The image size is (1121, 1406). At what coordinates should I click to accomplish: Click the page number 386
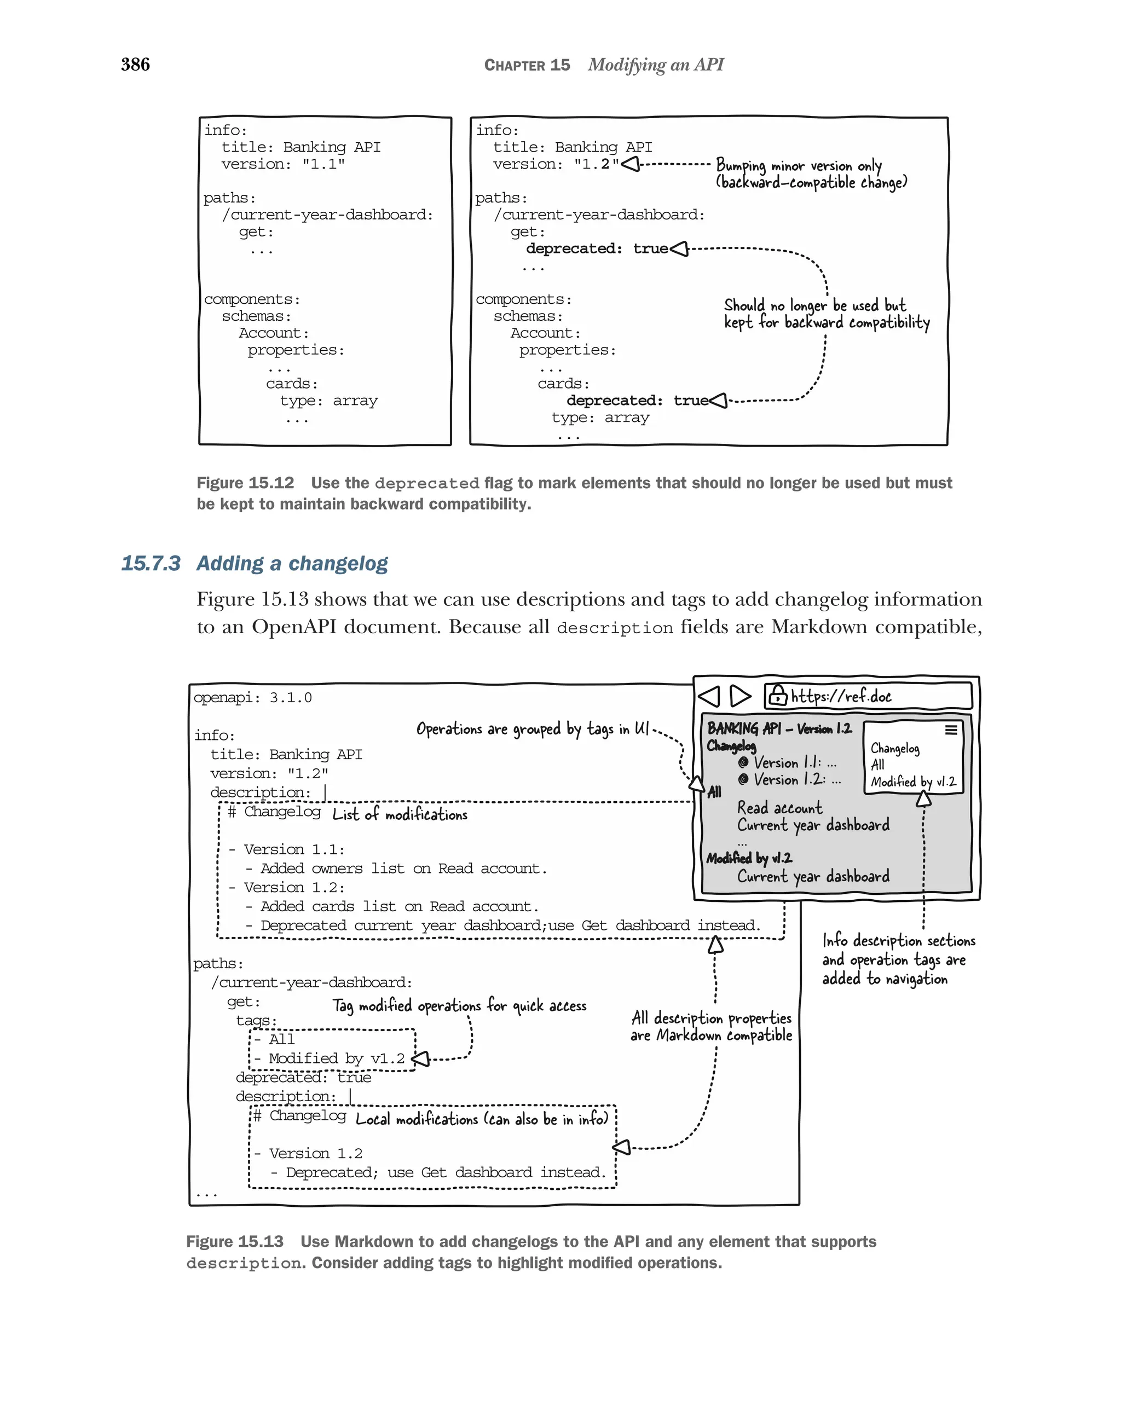coord(135,64)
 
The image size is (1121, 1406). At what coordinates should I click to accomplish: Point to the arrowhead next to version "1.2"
coord(631,164)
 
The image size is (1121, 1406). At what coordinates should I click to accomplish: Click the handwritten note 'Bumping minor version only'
coord(798,166)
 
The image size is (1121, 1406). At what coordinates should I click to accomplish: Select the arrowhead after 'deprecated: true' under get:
coord(679,248)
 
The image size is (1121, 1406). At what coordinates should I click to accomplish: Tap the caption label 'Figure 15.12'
coord(245,483)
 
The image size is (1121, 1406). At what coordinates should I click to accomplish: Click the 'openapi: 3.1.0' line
coord(252,697)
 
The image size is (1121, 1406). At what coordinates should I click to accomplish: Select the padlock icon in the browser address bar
coord(777,695)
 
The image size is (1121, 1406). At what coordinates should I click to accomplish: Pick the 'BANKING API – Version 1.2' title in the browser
coord(779,728)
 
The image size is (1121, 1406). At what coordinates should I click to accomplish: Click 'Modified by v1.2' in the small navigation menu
coord(913,781)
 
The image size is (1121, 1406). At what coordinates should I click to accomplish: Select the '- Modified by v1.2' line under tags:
coord(330,1058)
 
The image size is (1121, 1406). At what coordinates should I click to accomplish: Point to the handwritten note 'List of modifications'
coord(400,814)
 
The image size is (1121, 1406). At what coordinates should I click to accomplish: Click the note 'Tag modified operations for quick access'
coord(459,1005)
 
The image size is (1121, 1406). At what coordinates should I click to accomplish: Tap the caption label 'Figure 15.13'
coord(235,1241)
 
